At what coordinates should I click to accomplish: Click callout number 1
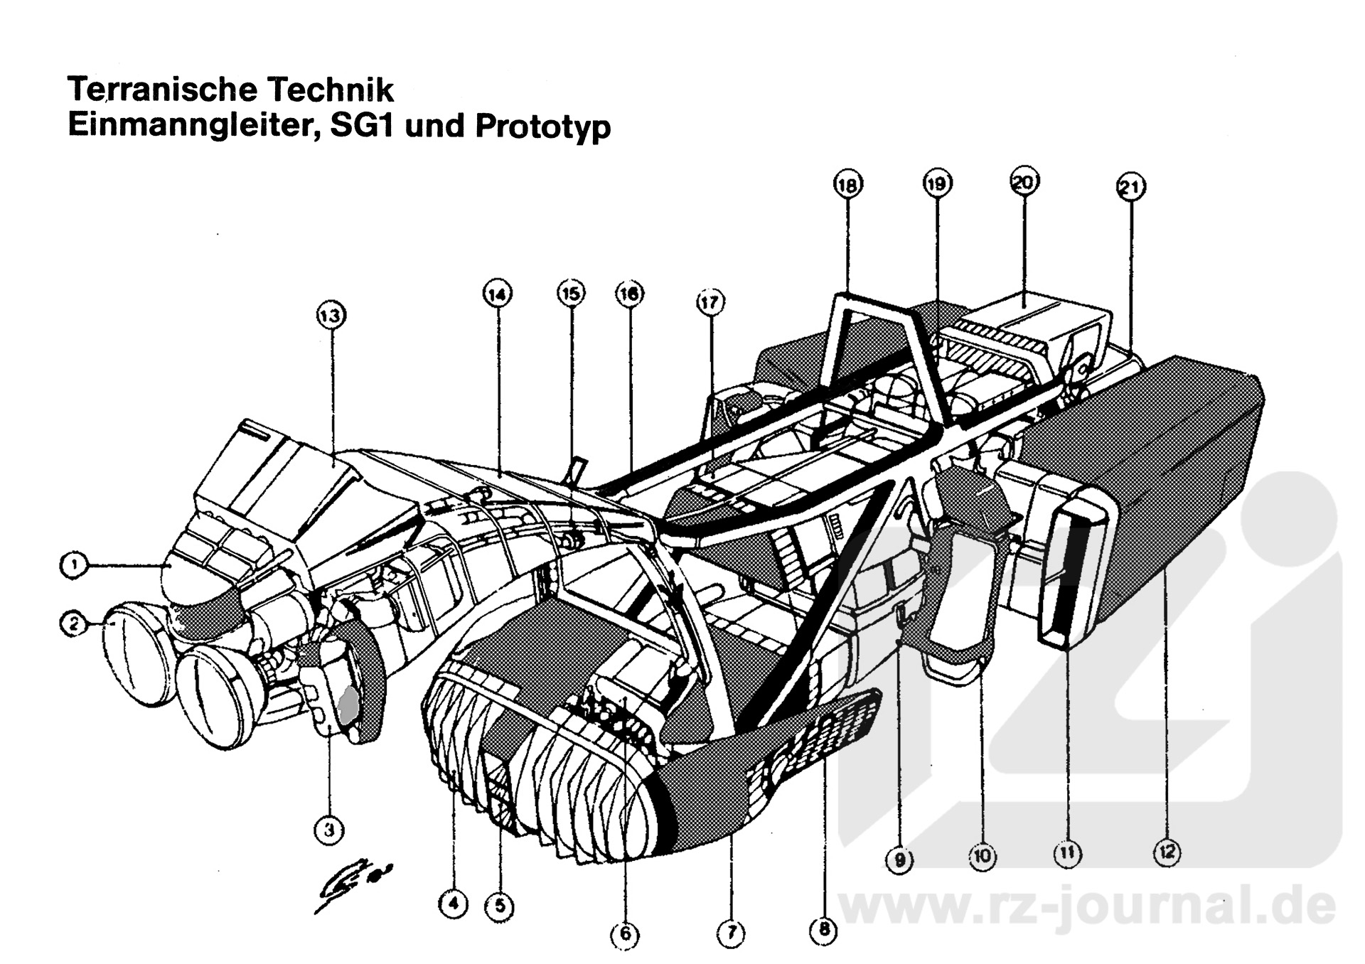point(73,566)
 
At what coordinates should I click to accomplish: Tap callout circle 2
point(73,625)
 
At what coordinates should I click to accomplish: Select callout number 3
point(328,829)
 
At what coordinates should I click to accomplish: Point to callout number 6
point(625,933)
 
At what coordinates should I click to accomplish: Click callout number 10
point(982,857)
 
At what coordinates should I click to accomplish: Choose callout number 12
point(1167,852)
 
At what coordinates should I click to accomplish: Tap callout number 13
point(331,315)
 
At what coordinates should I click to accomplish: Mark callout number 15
point(571,293)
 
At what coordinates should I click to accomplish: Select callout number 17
point(710,302)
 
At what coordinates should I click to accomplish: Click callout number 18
point(847,186)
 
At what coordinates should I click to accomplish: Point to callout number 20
point(1024,183)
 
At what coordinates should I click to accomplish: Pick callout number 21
point(1130,188)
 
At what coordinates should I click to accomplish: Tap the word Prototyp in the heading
point(542,127)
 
